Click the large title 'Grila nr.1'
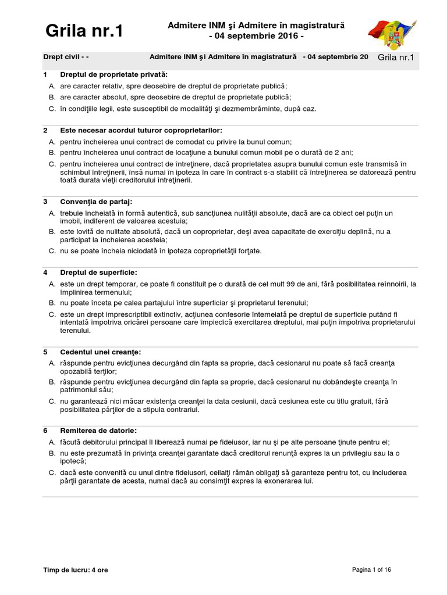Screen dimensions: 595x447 [84, 31]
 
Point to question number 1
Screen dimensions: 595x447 [45, 75]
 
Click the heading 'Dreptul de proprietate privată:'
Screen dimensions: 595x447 [113, 75]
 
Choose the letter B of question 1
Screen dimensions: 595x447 [52, 97]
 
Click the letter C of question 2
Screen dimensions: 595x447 [52, 164]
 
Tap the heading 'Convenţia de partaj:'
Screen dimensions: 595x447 [96, 202]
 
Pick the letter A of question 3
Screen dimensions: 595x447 [52, 213]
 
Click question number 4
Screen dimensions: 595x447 [45, 273]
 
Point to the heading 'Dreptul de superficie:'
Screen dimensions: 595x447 [98, 273]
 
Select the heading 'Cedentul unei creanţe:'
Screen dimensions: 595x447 [101, 352]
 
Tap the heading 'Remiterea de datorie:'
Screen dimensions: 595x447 [98, 431]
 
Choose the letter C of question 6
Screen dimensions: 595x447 [52, 472]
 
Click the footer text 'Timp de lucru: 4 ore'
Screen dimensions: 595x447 [76, 570]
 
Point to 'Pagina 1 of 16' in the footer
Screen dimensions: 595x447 [372, 570]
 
